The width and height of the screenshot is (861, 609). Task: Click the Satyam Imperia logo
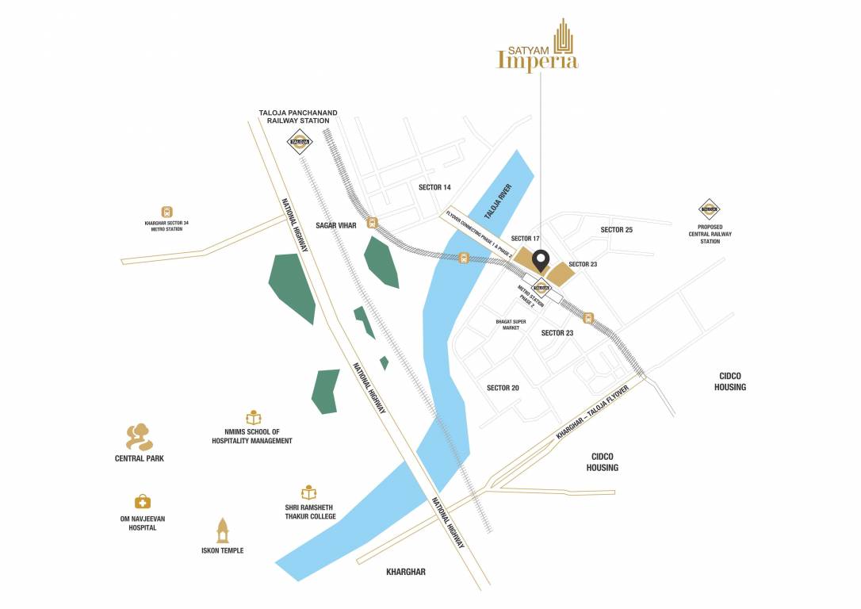537,48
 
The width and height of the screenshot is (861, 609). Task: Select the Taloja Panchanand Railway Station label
297,117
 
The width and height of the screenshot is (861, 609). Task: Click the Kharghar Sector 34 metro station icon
166,212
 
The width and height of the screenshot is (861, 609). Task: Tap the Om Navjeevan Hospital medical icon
142,501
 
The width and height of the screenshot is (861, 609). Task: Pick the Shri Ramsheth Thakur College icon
308,492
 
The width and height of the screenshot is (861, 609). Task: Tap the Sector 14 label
434,187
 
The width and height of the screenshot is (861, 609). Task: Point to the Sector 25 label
616,230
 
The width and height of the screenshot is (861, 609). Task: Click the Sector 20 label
503,388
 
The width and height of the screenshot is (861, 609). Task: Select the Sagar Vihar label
335,225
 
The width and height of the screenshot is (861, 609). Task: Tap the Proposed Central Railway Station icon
709,209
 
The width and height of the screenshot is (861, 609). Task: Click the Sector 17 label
525,239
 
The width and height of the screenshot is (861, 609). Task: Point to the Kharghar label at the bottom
405,572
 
